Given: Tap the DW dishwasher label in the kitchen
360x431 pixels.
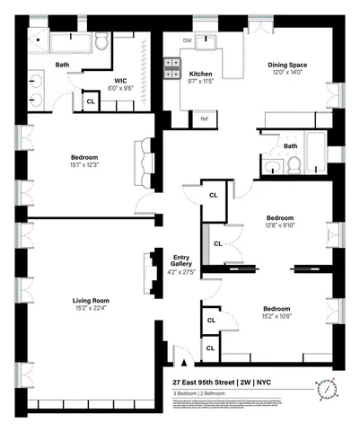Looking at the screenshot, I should (x=187, y=41).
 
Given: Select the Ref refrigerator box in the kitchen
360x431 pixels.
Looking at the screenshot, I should (x=205, y=119).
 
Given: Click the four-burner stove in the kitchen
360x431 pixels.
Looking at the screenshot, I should (x=172, y=69).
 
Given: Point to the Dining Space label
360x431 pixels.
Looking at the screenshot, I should (x=288, y=65).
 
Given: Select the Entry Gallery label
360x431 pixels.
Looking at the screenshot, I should (x=180, y=260).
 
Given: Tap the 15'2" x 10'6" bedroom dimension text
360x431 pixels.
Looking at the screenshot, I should (x=276, y=317).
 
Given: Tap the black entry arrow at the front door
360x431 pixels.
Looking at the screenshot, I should (x=185, y=364).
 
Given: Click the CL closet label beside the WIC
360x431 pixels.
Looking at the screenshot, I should (x=91, y=102).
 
